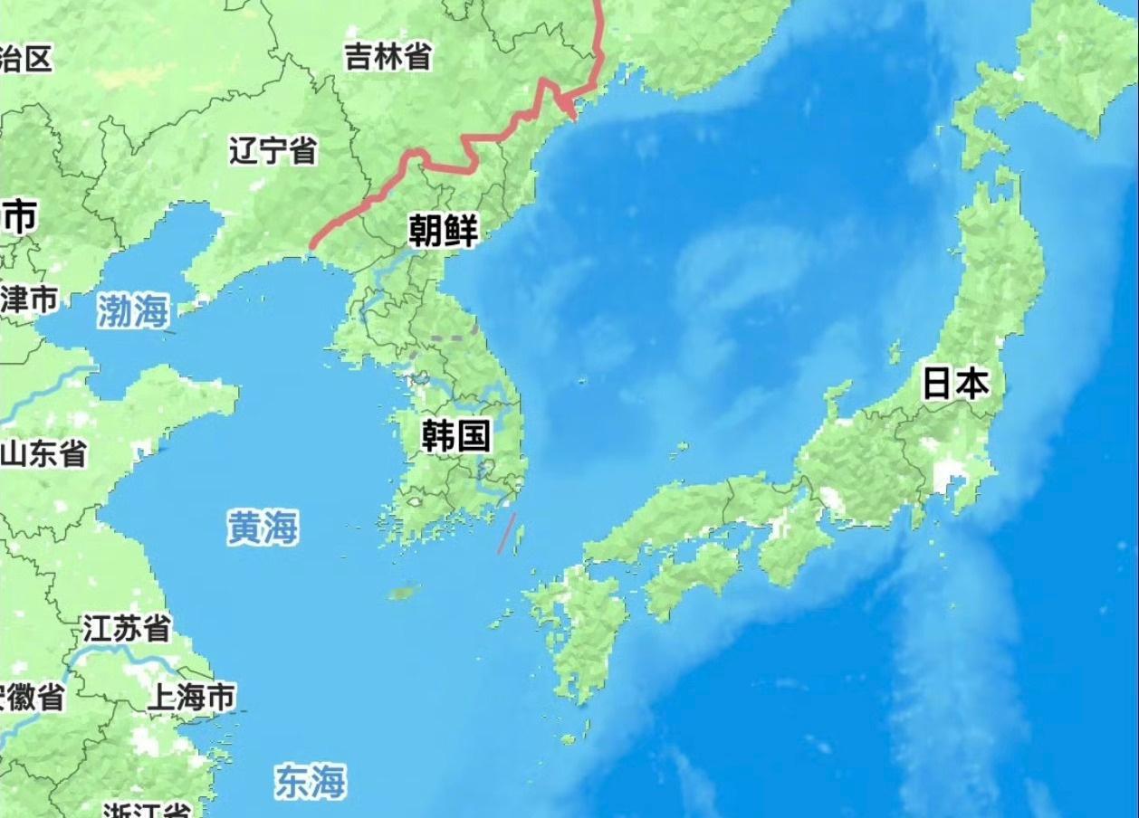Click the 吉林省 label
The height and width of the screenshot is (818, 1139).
pyautogui.click(x=388, y=57)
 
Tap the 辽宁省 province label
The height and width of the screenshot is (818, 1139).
pyautogui.click(x=273, y=150)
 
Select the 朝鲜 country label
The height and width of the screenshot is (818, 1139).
pyautogui.click(x=443, y=232)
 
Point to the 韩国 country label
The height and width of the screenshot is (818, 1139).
pyautogui.click(x=455, y=436)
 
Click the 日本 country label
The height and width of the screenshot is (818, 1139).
pyautogui.click(x=955, y=384)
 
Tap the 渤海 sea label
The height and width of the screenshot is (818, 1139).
pyautogui.click(x=133, y=311)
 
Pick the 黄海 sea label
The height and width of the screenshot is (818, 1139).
pyautogui.click(x=263, y=528)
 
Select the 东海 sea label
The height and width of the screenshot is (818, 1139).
pyautogui.click(x=311, y=781)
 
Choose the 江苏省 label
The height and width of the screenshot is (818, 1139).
pyautogui.click(x=127, y=627)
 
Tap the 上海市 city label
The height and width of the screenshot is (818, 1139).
pyautogui.click(x=191, y=697)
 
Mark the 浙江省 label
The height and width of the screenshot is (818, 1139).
pyautogui.click(x=145, y=809)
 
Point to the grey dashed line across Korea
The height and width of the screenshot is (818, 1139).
pyautogui.click(x=453, y=338)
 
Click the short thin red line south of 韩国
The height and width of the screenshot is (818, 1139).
pyautogui.click(x=506, y=533)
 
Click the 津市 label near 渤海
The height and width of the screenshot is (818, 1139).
pyautogui.click(x=29, y=299)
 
